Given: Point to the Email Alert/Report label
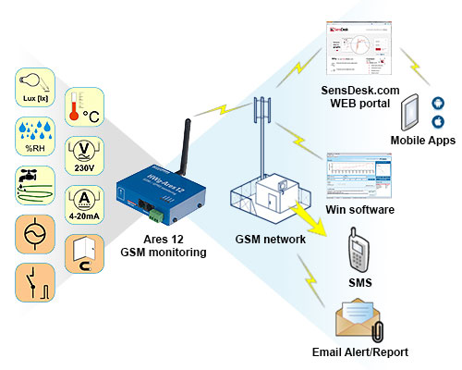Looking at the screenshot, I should point(360,352).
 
